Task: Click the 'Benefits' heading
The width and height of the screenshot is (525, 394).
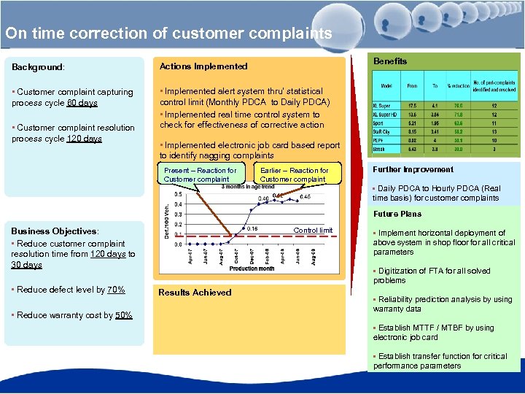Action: (390, 61)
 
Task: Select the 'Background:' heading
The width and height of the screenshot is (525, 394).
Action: (38, 67)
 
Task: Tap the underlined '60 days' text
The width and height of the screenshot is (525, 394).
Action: (82, 103)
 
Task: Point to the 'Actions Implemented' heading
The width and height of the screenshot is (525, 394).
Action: (203, 66)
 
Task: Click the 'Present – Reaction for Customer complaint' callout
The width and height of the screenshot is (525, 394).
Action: (200, 174)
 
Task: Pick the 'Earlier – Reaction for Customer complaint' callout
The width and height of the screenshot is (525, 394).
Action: (294, 174)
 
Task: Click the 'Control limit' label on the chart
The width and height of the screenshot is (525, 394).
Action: (313, 231)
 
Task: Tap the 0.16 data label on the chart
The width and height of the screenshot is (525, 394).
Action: (252, 228)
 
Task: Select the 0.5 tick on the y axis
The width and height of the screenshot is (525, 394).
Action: (178, 195)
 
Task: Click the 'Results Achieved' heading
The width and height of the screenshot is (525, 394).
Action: (195, 293)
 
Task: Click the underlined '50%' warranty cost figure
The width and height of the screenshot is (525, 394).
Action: (123, 315)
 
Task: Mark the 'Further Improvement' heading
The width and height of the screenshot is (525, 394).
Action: (413, 169)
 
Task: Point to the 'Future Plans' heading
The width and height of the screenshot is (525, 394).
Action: (397, 214)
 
